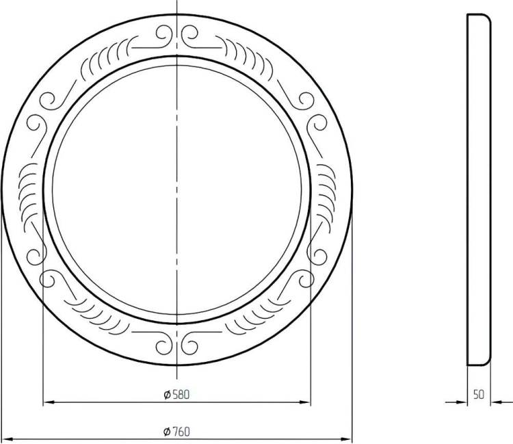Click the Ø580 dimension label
coord(176,395)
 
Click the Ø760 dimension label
coord(176,432)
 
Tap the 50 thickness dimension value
coord(479,395)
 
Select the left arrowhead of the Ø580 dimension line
coord(49,402)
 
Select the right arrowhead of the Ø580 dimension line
coord(305,402)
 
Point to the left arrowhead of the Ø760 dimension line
coord(8,439)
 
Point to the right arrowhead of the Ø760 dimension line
coord(346,439)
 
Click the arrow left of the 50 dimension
coord(456,402)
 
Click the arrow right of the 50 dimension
coord(501,402)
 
